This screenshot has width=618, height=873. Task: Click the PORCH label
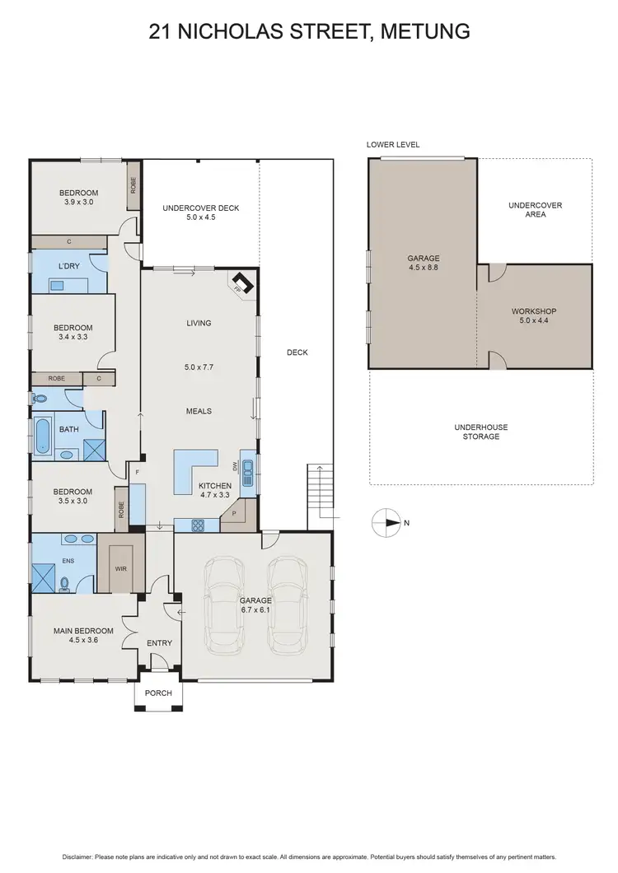(158, 693)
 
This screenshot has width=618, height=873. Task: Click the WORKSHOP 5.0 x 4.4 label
(534, 316)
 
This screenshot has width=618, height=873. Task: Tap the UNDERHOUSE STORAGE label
(480, 432)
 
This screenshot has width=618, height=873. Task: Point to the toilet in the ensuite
(65, 583)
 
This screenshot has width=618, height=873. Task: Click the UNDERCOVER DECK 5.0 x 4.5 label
(200, 212)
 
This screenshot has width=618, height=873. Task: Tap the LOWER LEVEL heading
(393, 145)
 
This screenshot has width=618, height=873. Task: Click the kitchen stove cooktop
(198, 524)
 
